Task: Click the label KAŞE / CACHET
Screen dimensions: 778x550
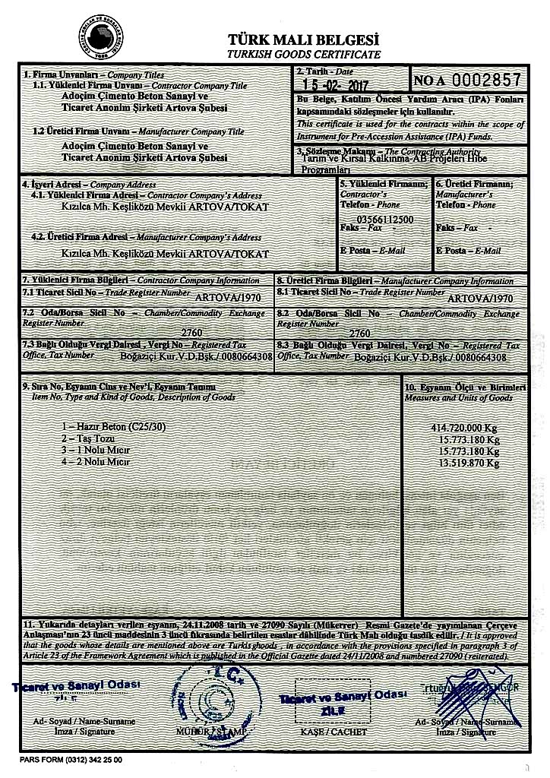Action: tap(324, 732)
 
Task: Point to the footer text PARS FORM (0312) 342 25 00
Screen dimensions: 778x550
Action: tap(71, 759)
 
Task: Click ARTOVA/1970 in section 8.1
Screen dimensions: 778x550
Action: tap(481, 299)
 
